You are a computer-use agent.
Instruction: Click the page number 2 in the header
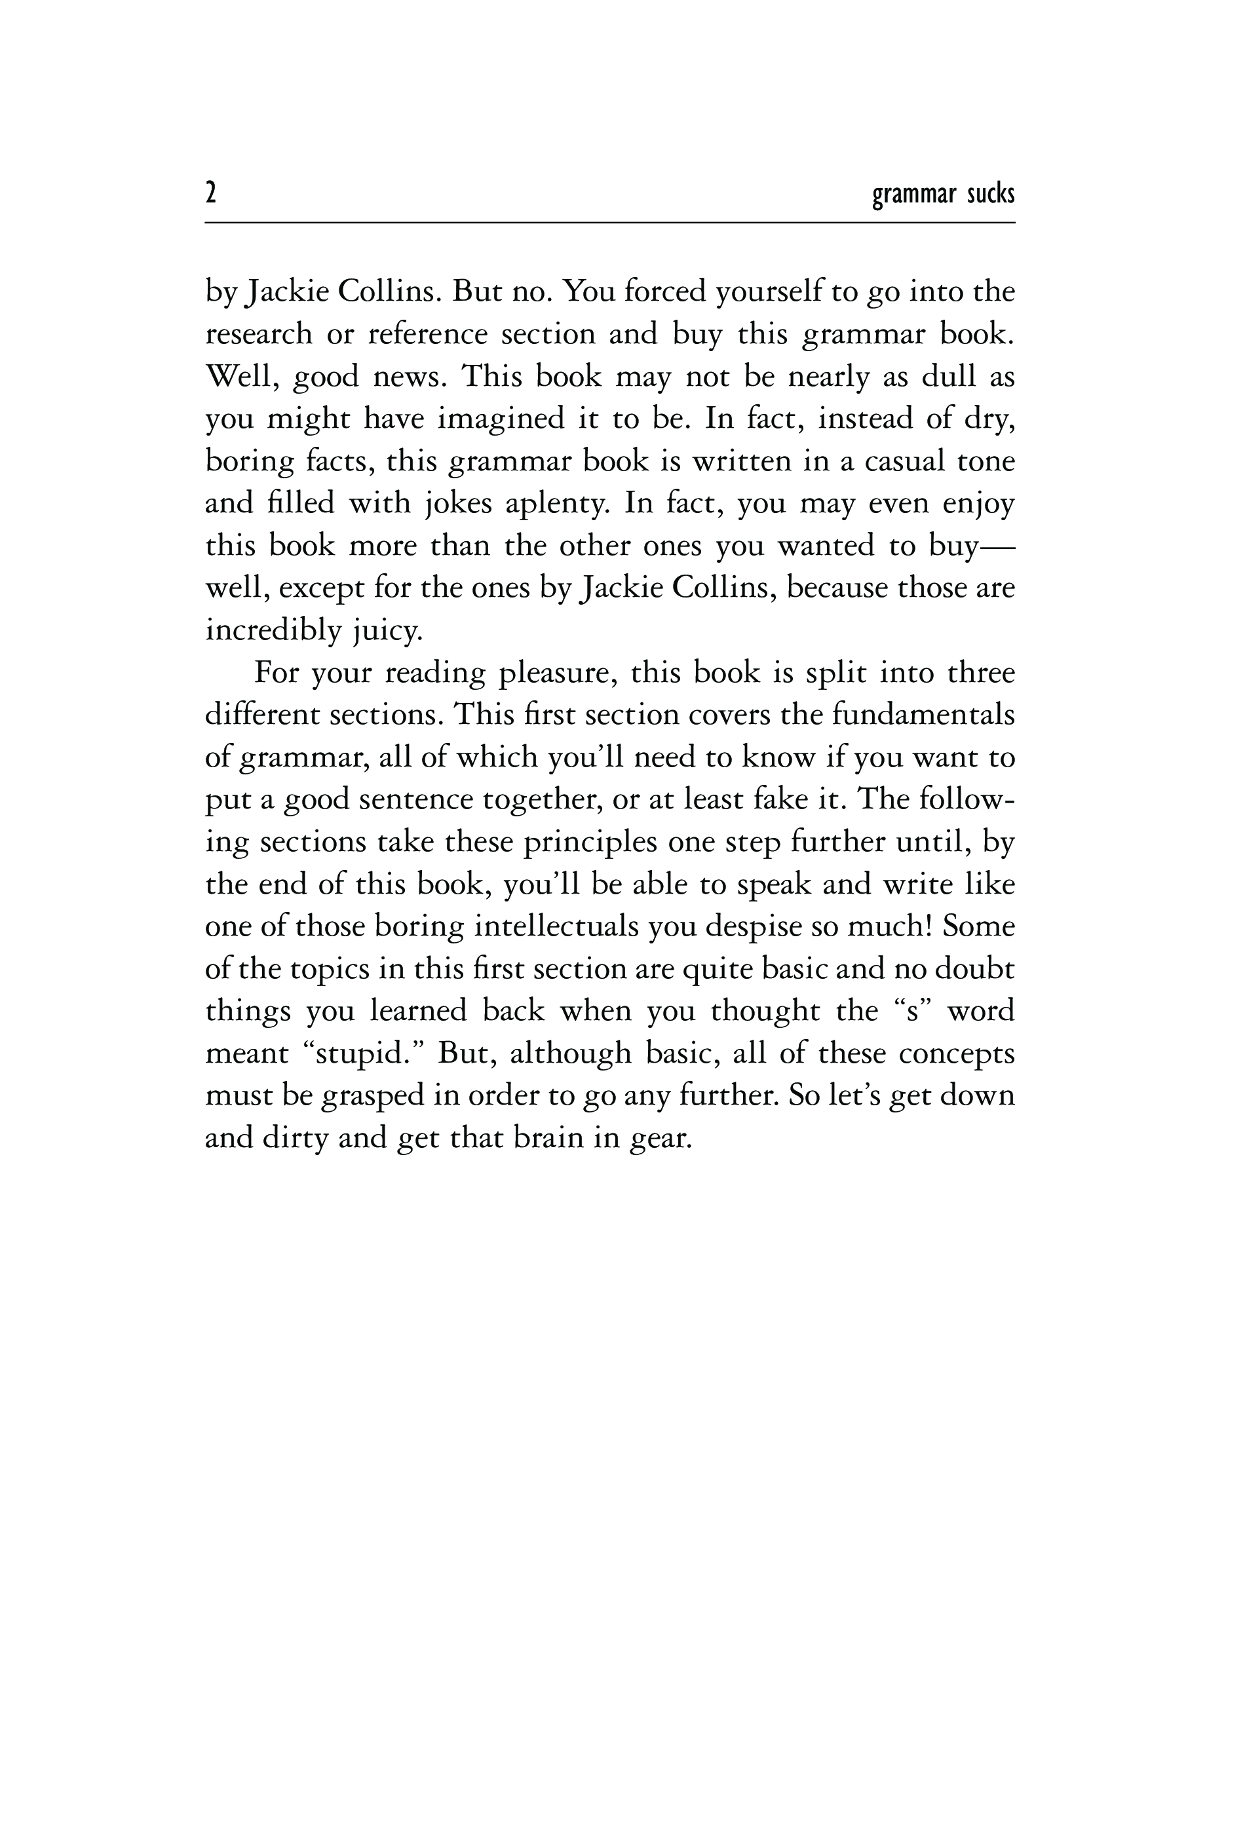coord(210,192)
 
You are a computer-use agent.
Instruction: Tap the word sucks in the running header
coord(990,193)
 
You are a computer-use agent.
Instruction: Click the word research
coord(259,335)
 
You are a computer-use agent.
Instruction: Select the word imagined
coord(500,419)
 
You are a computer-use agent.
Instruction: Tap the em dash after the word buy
coord(997,546)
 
